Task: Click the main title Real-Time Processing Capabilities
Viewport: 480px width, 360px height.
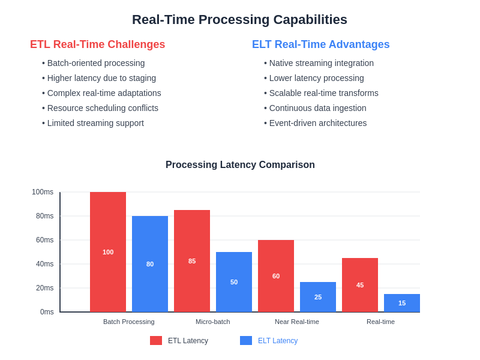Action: click(239, 20)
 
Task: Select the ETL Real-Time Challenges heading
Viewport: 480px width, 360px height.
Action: click(97, 44)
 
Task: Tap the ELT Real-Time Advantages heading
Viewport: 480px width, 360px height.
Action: click(320, 44)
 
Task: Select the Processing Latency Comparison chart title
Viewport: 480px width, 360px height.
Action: click(240, 165)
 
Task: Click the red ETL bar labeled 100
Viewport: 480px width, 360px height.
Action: click(108, 252)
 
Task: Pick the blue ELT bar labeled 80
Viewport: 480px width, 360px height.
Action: click(150, 264)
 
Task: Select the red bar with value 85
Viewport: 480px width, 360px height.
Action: click(192, 261)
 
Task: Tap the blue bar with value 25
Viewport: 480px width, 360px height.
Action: click(318, 297)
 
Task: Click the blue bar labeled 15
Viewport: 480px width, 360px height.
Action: click(402, 303)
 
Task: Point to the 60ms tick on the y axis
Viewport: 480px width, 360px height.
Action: click(44, 240)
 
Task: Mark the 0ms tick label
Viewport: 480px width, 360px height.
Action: click(47, 312)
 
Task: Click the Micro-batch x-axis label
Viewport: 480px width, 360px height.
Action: click(212, 322)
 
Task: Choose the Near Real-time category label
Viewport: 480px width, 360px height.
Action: click(297, 322)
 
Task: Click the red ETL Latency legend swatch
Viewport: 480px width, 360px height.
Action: click(156, 341)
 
